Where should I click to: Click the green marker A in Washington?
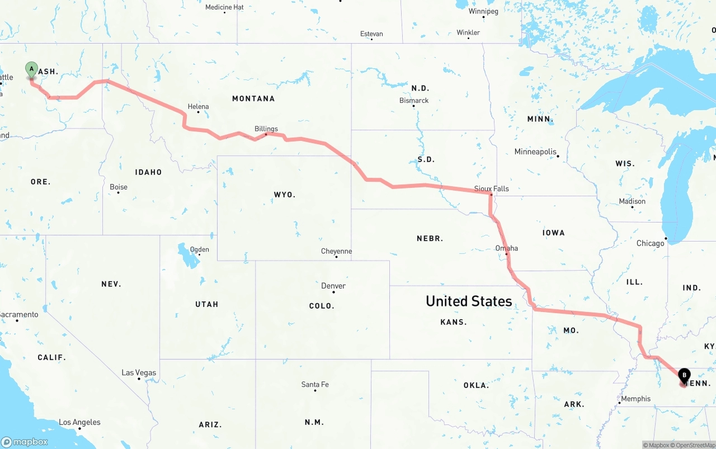(32, 70)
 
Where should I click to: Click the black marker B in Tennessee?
(684, 376)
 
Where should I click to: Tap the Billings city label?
(266, 129)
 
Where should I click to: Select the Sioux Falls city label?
(492, 188)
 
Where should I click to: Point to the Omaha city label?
(507, 248)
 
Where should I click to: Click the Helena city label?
(199, 106)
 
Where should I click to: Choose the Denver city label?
(333, 286)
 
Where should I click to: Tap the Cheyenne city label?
(337, 251)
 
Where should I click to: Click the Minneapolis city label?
(536, 152)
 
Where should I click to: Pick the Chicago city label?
(651, 243)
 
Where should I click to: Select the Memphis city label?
(636, 399)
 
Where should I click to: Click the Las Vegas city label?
(139, 373)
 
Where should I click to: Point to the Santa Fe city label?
(315, 384)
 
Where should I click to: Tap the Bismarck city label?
(414, 101)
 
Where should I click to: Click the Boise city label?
(119, 187)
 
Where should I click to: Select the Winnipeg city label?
(483, 11)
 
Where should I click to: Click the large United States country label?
(469, 301)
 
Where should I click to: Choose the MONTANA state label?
(253, 98)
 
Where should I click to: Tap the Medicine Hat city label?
(224, 7)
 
